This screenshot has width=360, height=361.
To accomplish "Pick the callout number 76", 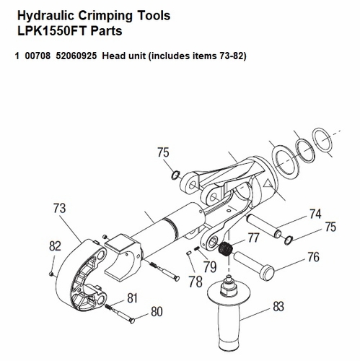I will (313, 256).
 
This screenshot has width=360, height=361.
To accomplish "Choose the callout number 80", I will (156, 313).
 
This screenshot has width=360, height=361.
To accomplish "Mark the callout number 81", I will (132, 297).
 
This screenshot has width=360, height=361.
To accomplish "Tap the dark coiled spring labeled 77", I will (225, 250).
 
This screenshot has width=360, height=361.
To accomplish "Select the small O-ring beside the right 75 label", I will (288, 240).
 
